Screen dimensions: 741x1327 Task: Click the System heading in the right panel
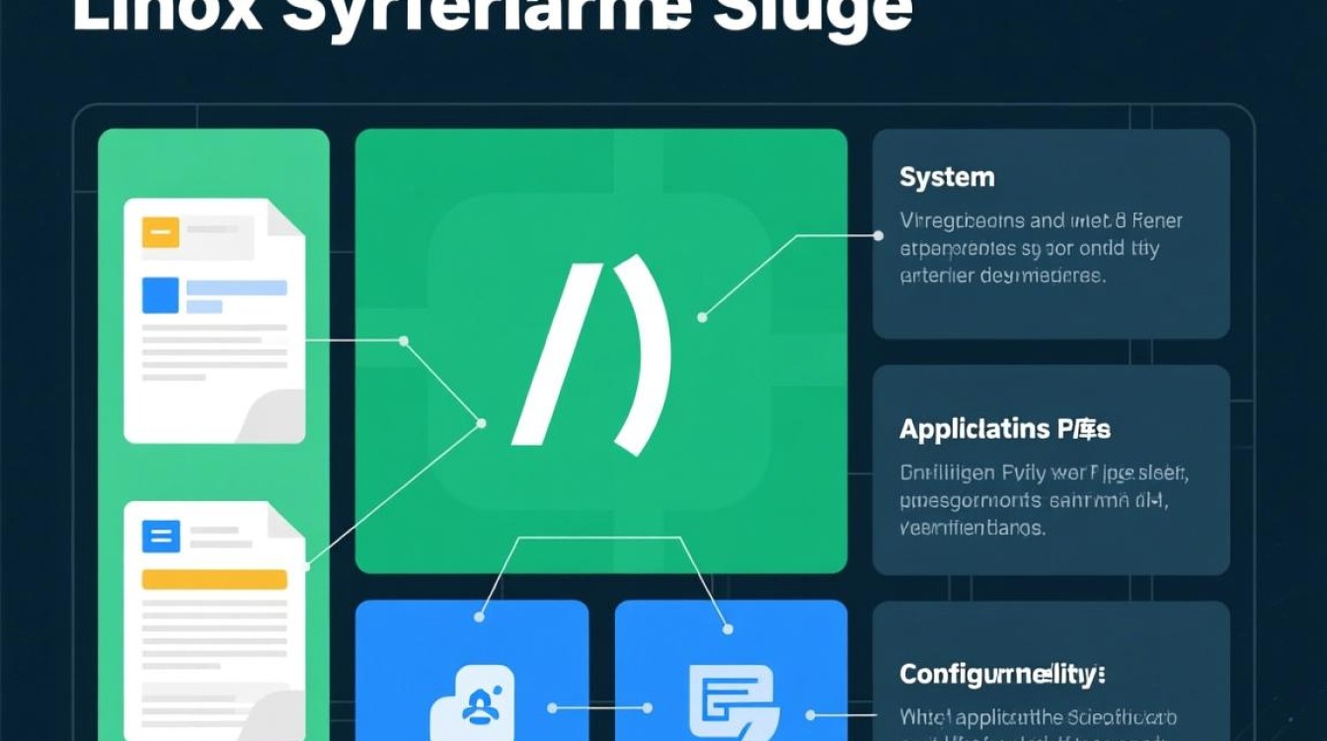(946, 179)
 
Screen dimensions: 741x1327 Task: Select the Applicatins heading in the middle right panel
(1004, 430)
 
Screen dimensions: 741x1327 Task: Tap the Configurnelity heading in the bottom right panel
(1002, 676)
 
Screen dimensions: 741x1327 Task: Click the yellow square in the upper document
(160, 233)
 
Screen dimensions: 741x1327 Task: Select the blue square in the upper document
(160, 294)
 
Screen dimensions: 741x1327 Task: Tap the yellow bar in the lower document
(213, 579)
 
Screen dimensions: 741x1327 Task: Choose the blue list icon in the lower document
(160, 536)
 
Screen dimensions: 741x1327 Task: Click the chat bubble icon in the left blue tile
(472, 703)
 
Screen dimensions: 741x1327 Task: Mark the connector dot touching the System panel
(879, 236)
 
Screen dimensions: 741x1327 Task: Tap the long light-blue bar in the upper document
(236, 288)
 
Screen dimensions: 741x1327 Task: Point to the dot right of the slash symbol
(702, 317)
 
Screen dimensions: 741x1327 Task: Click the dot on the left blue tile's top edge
(479, 617)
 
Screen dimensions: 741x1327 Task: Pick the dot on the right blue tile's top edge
(728, 629)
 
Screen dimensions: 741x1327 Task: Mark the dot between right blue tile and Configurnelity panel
(810, 714)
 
